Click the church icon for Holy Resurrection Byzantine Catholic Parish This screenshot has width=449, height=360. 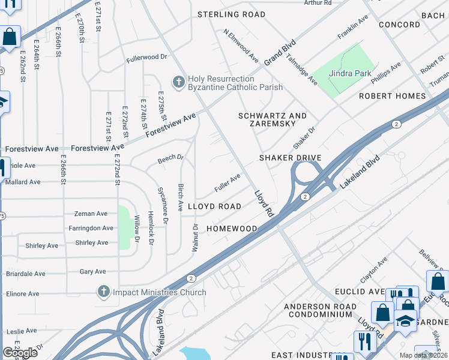pyautogui.click(x=178, y=82)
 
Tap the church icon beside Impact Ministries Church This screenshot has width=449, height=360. pyautogui.click(x=103, y=292)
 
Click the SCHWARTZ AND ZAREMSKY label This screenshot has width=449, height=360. pyautogui.click(x=273, y=120)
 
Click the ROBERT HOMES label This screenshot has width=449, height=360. pyautogui.click(x=392, y=96)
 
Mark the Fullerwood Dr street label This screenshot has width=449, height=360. pyautogui.click(x=146, y=58)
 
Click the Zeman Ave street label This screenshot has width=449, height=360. pyautogui.click(x=91, y=214)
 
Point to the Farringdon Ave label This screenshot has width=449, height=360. pyautogui.click(x=91, y=229)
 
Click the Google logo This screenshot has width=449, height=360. pyautogui.click(x=20, y=353)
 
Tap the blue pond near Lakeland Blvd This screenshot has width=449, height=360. pyautogui.click(x=193, y=353)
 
